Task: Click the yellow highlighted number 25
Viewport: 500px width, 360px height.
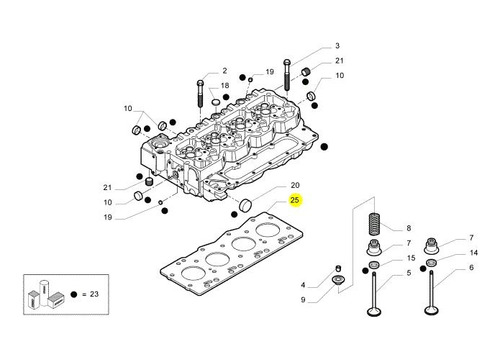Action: [295, 200]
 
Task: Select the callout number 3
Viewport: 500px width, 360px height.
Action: [337, 46]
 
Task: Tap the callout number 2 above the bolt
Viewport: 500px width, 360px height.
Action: [225, 71]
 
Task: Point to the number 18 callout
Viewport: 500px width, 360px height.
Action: [225, 86]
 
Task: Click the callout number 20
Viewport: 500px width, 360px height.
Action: [295, 185]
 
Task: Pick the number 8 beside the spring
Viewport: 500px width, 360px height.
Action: [409, 228]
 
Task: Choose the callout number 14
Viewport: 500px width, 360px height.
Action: [474, 253]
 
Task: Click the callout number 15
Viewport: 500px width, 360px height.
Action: [411, 258]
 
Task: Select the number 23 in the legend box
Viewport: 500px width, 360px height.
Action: [94, 294]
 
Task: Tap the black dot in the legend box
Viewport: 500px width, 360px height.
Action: [74, 294]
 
